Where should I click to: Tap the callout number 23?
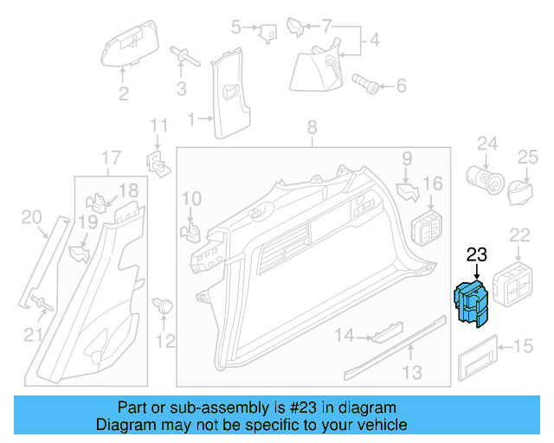point(477,255)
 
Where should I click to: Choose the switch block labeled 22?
point(518,285)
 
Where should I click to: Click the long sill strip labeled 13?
point(394,350)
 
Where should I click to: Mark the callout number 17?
point(111,158)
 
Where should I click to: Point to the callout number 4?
point(374,40)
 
